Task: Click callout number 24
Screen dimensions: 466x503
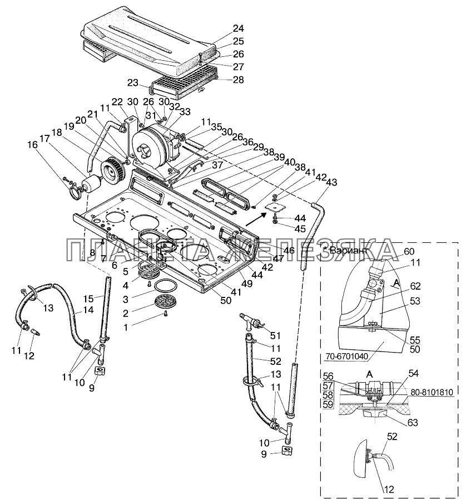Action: pyautogui.click(x=239, y=28)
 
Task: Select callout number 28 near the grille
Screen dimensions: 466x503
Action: pyautogui.click(x=239, y=80)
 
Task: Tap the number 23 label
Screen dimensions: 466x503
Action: pyautogui.click(x=133, y=83)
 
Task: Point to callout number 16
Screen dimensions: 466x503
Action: pyautogui.click(x=32, y=145)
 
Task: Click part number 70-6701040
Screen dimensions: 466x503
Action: pyautogui.click(x=347, y=356)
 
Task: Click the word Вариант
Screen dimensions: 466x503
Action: pyautogui.click(x=348, y=250)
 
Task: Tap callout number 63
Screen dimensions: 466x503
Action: pyautogui.click(x=413, y=422)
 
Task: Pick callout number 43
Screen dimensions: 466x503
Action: pyautogui.click(x=332, y=182)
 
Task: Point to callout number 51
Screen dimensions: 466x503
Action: pyautogui.click(x=275, y=335)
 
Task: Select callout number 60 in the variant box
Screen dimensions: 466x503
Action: pyautogui.click(x=409, y=251)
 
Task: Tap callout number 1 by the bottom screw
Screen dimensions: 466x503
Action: pyautogui.click(x=126, y=327)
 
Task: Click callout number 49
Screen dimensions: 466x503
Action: pyautogui.click(x=247, y=284)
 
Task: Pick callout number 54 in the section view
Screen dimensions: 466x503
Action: pyautogui.click(x=414, y=373)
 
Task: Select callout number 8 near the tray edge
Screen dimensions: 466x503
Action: pyautogui.click(x=92, y=253)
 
